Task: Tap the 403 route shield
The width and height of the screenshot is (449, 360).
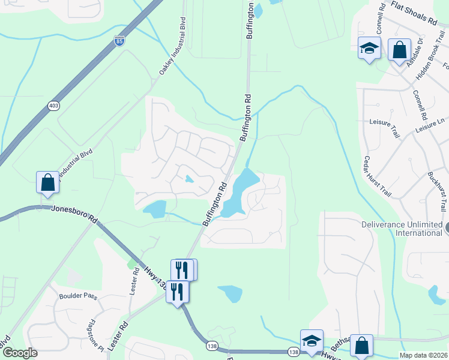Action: click(54, 106)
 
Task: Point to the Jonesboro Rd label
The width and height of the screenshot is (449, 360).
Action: click(74, 210)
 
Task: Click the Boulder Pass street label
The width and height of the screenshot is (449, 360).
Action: click(77, 296)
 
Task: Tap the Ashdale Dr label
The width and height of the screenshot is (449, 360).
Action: click(416, 52)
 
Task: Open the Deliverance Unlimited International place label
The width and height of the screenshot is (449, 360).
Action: click(401, 229)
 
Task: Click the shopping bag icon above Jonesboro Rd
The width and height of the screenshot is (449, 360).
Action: click(47, 182)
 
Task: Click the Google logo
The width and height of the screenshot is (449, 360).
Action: click(19, 353)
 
